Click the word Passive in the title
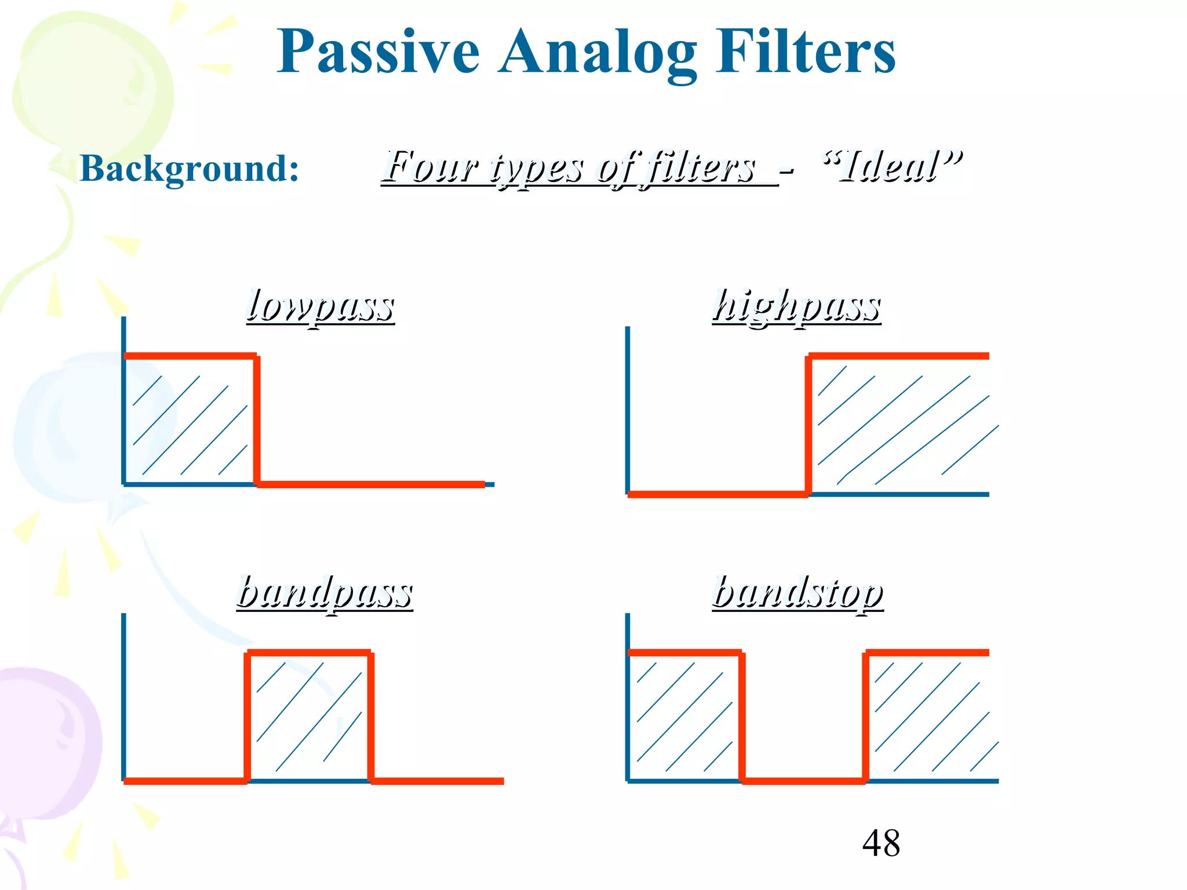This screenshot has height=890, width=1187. (378, 53)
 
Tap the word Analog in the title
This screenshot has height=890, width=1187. (597, 53)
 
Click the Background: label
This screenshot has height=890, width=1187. (189, 169)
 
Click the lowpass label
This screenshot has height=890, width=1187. (321, 307)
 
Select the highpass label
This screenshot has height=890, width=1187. (796, 307)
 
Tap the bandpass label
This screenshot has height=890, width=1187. (325, 593)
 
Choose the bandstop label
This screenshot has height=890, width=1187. (798, 593)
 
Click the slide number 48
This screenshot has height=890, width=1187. (881, 843)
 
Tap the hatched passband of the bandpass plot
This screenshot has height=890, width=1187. (309, 717)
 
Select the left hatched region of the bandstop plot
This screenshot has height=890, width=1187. (684, 717)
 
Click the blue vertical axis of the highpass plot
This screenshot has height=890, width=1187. (628, 406)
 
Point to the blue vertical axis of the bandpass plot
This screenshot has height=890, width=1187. (123, 695)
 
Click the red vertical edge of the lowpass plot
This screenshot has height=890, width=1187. (257, 420)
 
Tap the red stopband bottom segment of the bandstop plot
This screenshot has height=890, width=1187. (804, 781)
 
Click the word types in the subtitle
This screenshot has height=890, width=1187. (537, 168)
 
